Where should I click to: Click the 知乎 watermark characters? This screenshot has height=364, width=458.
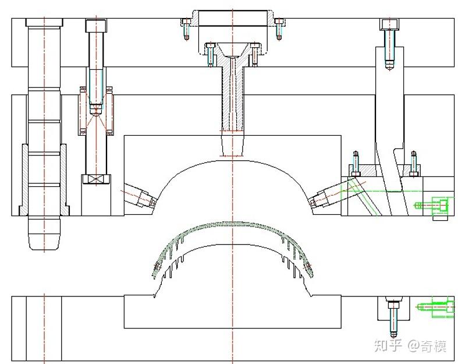[388, 346]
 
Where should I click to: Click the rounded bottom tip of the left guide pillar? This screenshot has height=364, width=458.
[44, 239]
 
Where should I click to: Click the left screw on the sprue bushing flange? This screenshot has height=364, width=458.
[210, 53]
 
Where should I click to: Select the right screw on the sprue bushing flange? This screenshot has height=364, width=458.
[254, 53]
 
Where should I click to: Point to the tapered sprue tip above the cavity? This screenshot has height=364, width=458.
[233, 145]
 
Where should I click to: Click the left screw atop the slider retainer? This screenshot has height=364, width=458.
[354, 162]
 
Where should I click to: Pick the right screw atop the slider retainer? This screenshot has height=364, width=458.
[414, 162]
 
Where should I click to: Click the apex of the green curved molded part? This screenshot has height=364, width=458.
[233, 224]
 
